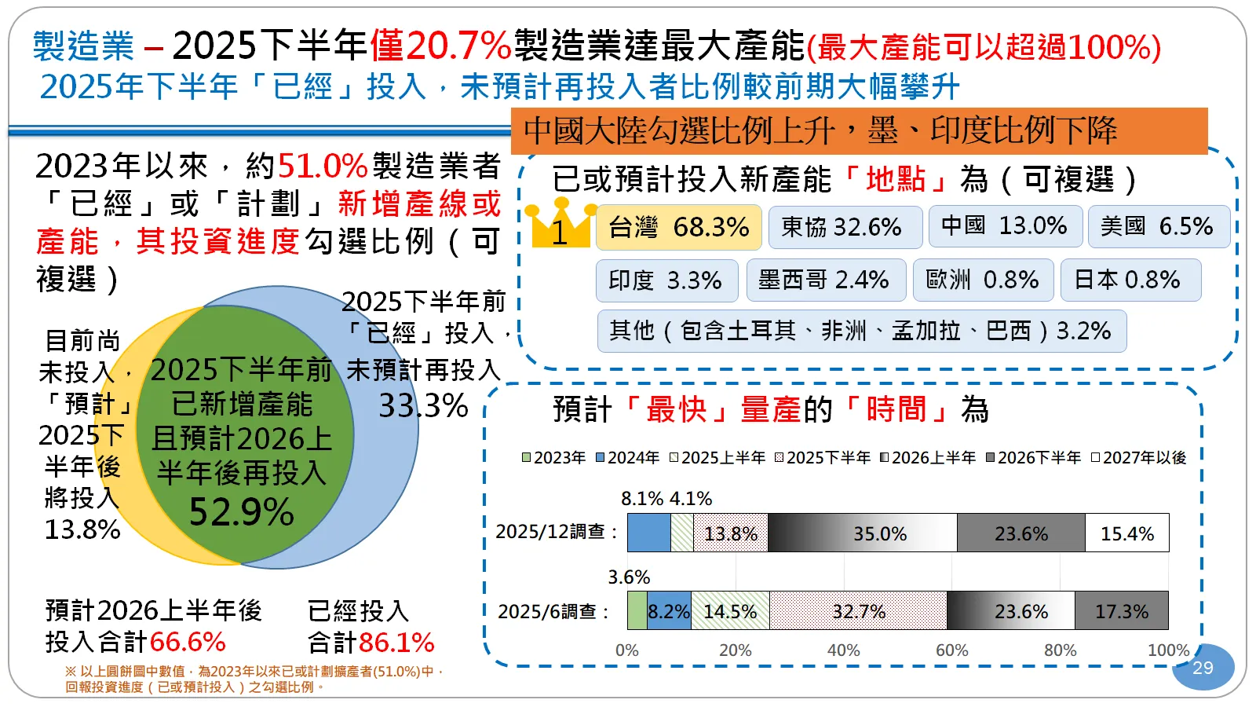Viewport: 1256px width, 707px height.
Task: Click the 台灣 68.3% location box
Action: coord(679,228)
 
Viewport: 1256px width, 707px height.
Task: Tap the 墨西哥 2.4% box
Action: coord(825,280)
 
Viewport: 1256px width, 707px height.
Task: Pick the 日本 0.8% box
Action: coord(1130,280)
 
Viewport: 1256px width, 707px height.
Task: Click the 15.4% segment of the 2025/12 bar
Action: coord(1126,533)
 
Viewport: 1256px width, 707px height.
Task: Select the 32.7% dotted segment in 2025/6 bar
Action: coord(858,611)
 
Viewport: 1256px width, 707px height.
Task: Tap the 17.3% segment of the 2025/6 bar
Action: coord(1121,611)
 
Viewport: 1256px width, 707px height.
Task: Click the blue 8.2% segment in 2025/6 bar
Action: coord(669,611)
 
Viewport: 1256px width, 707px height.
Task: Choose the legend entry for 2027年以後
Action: coord(1139,458)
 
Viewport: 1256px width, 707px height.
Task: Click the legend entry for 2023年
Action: coord(554,458)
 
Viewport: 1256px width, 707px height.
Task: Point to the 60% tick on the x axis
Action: coord(951,650)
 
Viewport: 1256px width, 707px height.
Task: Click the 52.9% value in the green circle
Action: coord(242,513)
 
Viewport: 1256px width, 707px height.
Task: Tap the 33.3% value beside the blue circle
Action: coord(423,406)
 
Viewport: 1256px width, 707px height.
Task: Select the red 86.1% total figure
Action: coord(396,643)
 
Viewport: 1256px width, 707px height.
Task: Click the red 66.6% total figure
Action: coord(188,642)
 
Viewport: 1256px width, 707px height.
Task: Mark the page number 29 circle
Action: coord(1203,668)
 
